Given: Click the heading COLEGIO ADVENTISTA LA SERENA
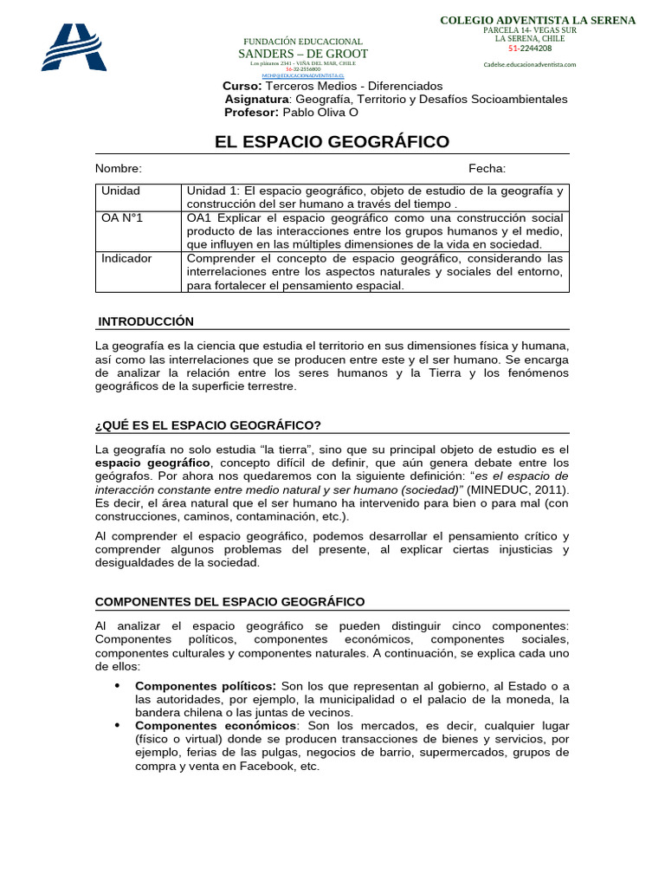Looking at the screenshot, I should tap(538, 20).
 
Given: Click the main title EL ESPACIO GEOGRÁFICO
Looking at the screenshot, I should tap(332, 142).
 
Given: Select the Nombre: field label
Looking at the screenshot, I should tap(119, 169).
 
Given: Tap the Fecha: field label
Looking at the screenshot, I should tap(487, 169).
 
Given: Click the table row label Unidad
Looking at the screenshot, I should tap(120, 191).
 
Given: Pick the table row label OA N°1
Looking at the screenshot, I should tap(122, 217).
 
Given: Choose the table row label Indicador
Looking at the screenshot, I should tap(126, 258).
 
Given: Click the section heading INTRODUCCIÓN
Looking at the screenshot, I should tap(145, 321).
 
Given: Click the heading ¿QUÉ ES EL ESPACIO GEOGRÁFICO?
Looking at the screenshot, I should tap(208, 425).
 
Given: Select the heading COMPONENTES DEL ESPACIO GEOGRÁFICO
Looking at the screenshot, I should tap(229, 601).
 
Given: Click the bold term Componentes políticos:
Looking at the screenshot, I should tap(206, 685).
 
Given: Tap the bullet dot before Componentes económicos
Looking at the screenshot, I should tap(117, 725).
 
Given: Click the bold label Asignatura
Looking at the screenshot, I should tap(256, 100).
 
